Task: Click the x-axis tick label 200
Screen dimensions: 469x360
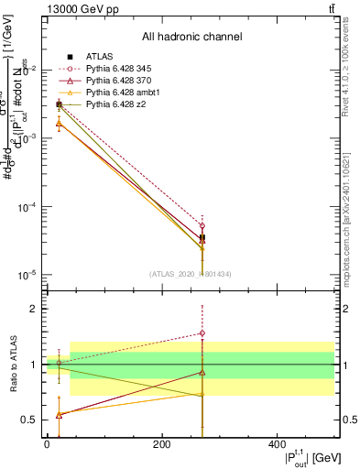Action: coord(161,444)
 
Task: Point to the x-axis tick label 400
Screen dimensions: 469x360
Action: coord(277,444)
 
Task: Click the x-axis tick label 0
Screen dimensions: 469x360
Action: coord(47,444)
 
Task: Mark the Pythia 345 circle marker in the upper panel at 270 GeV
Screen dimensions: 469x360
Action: coord(202,226)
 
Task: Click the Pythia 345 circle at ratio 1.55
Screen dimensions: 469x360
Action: coord(202,333)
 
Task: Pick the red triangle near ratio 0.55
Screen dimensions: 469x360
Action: coord(59,414)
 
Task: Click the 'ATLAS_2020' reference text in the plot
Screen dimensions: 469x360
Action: coord(186,273)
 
